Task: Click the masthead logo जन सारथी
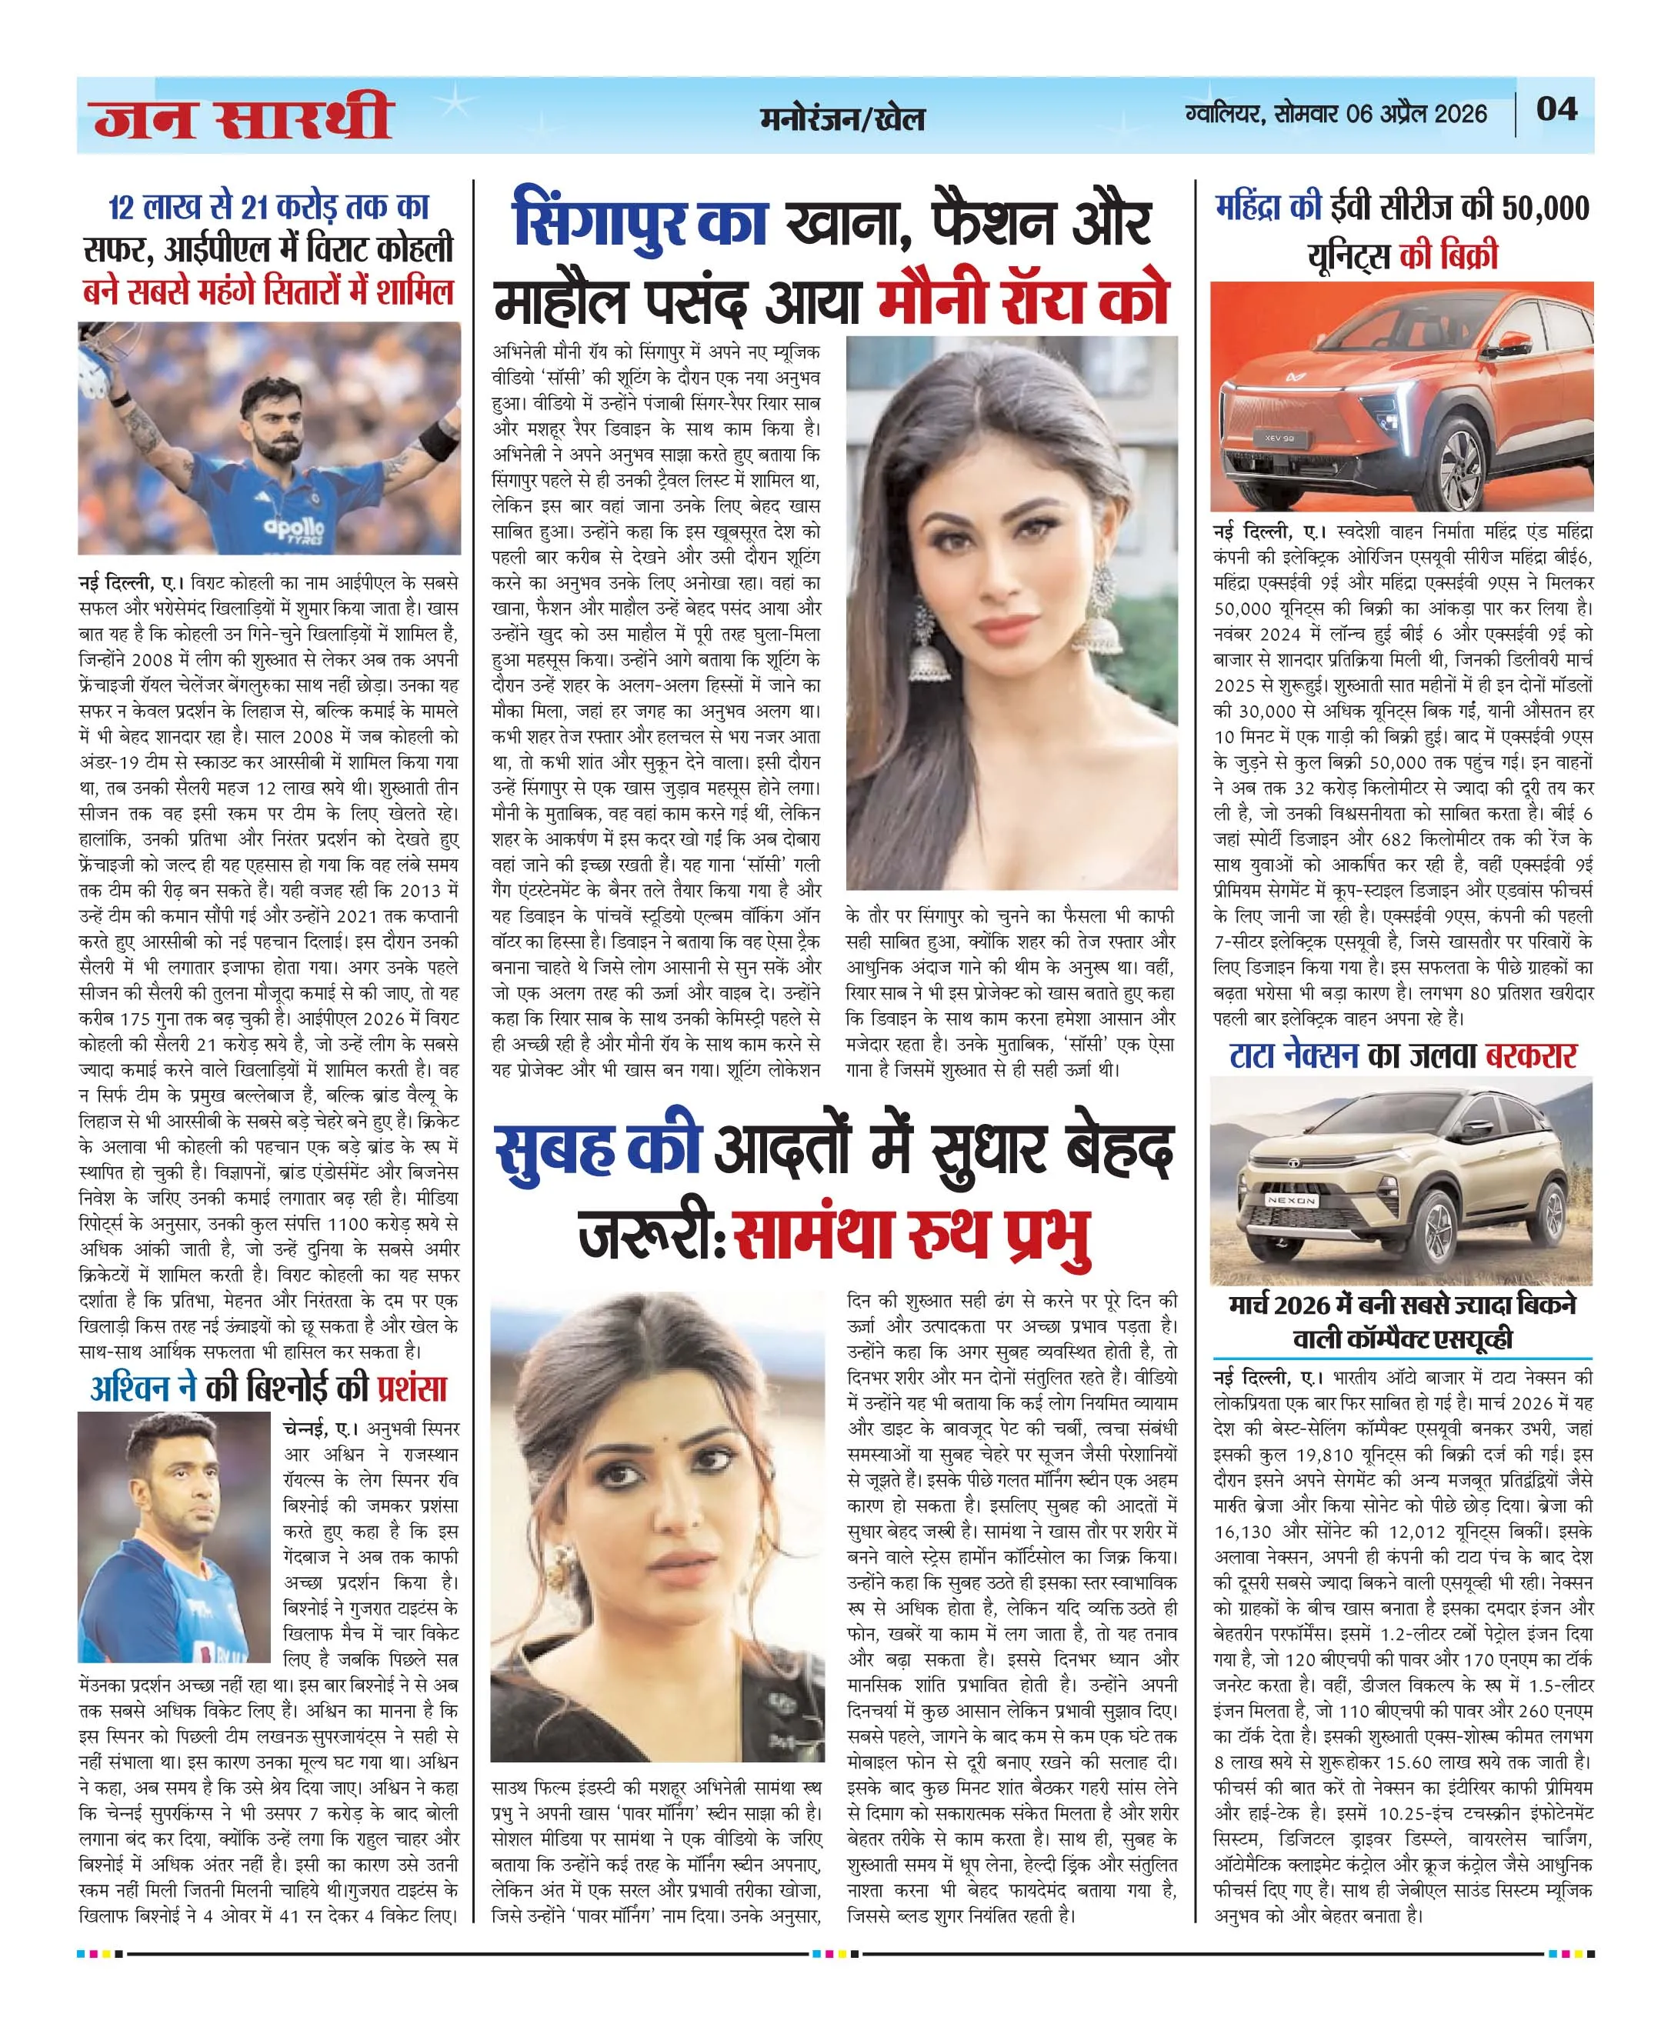tap(244, 118)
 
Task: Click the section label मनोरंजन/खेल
tap(842, 118)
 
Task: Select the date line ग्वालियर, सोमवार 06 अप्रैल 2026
tap(1336, 114)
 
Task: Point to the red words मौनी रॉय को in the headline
tap(1023, 300)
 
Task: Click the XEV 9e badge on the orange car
tap(1281, 438)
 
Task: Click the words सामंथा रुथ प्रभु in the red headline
tap(911, 1234)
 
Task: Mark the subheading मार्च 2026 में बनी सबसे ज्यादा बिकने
tap(1402, 1305)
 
